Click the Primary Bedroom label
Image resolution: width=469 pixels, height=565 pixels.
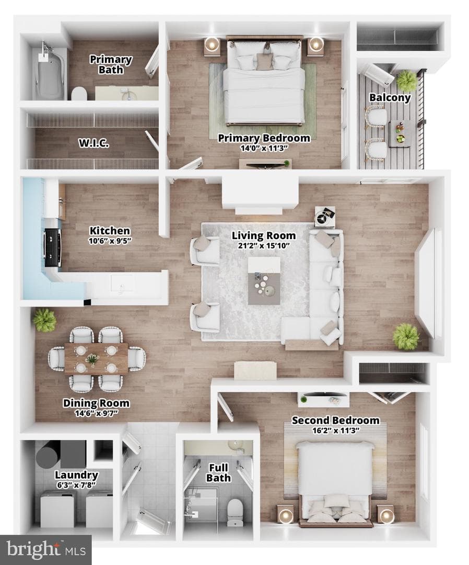point(264,138)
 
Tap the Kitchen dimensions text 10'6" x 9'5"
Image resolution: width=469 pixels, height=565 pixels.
point(110,241)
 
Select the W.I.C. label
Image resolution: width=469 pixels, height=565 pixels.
point(94,143)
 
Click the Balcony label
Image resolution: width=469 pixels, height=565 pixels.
point(390,98)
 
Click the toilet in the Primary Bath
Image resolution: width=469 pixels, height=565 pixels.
point(79,94)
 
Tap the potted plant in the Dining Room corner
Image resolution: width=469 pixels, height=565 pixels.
point(44,320)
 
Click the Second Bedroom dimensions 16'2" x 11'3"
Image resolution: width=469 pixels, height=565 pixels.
point(336,430)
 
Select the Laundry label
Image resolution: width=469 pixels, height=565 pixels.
point(76,475)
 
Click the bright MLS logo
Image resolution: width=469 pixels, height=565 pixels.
point(45,550)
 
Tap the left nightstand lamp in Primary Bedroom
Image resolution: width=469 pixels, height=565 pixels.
point(212,44)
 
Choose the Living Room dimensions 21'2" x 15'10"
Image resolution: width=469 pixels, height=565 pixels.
point(264,246)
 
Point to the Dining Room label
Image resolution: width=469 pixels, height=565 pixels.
point(96,403)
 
